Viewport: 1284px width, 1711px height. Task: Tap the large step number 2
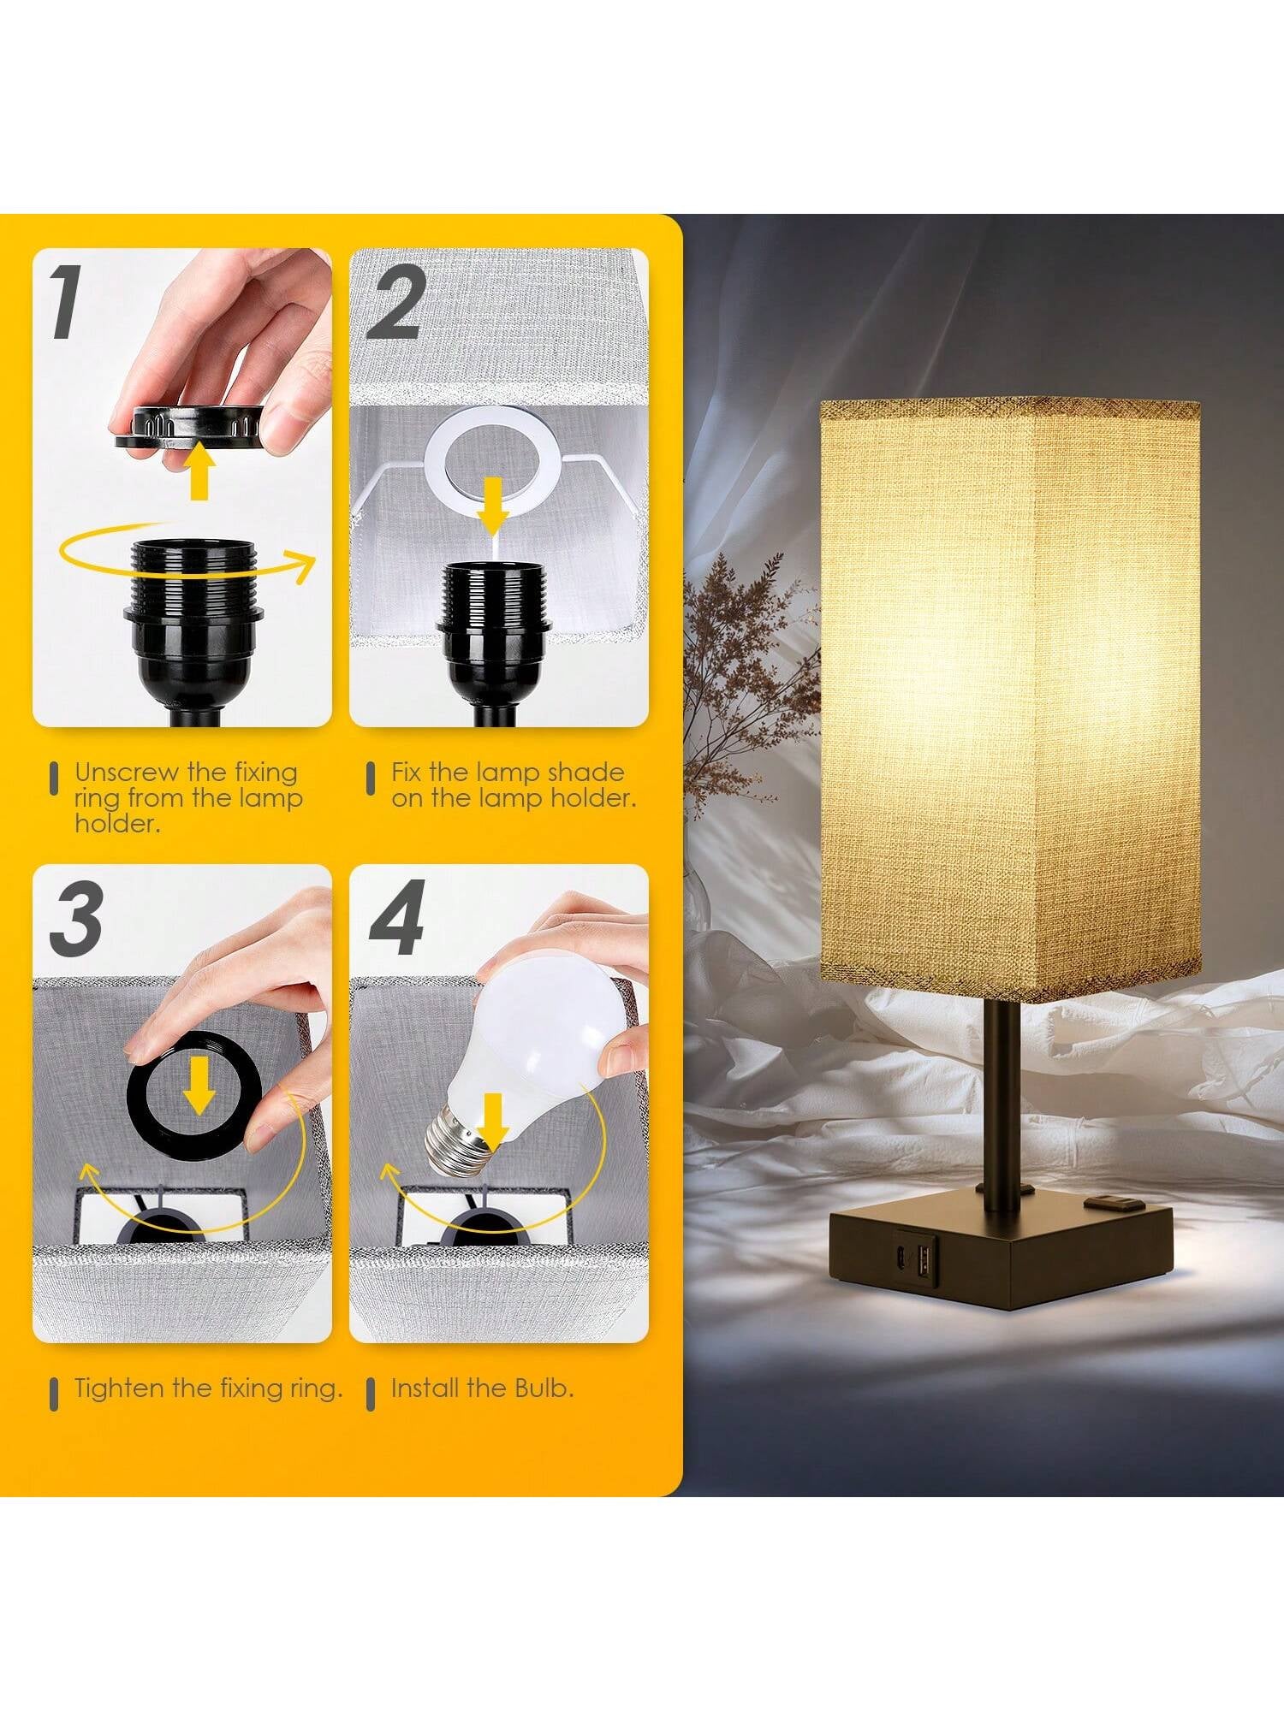395,302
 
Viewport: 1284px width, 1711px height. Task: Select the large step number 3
76,918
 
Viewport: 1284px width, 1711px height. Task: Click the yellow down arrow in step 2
491,503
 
